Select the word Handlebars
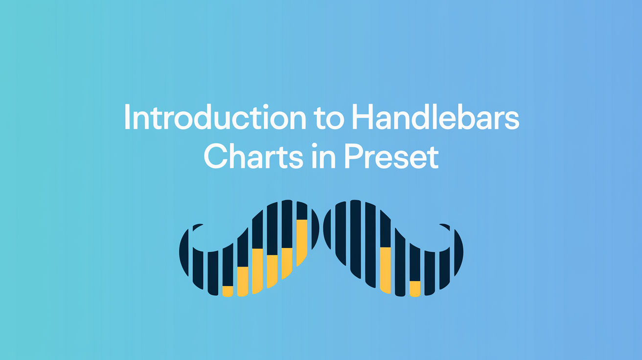tap(438, 117)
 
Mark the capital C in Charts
tap(215, 157)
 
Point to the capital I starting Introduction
tap(128, 117)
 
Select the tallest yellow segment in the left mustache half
tap(302, 242)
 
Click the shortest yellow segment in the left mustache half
tap(228, 291)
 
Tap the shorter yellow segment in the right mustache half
tap(414, 289)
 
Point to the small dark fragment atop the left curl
tap(198, 227)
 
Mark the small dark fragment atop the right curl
tap(444, 226)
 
